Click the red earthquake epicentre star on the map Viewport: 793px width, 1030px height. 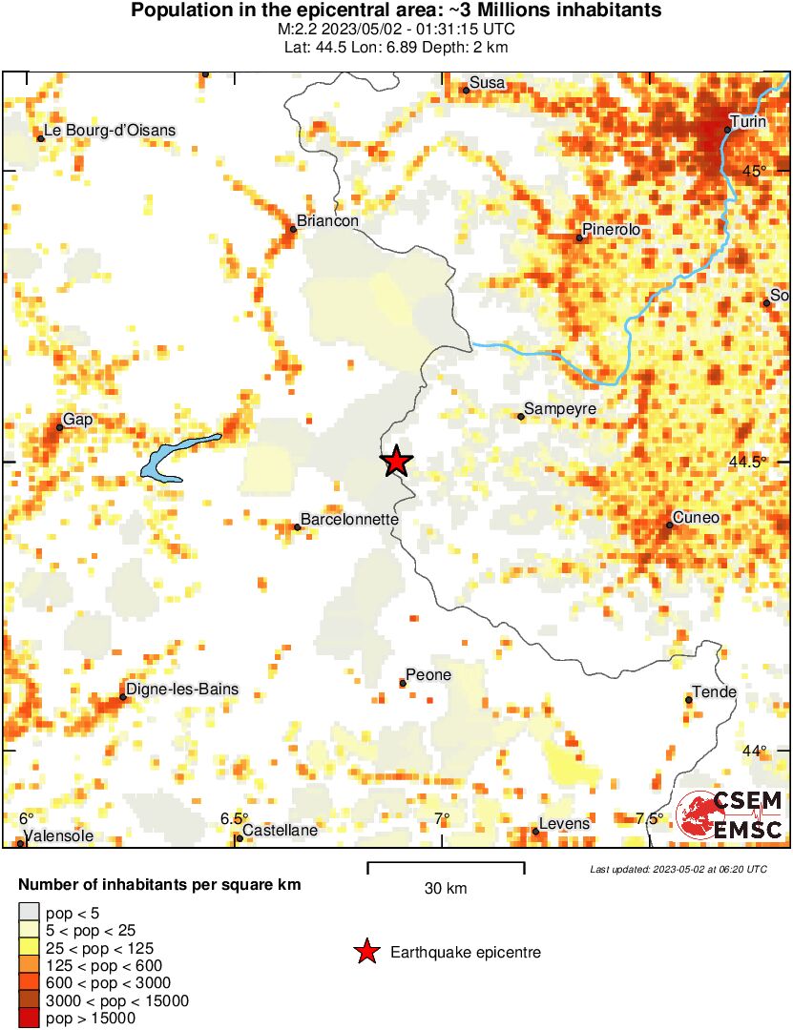click(396, 462)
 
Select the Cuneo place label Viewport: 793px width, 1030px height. click(696, 518)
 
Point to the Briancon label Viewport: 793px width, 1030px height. click(327, 221)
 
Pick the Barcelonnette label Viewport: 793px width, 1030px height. click(350, 520)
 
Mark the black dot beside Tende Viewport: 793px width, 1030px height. click(688, 700)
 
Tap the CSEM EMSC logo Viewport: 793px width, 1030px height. click(731, 814)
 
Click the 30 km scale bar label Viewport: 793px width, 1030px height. click(446, 889)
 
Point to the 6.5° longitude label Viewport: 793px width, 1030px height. click(234, 818)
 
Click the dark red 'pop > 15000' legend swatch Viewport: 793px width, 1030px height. click(29, 1019)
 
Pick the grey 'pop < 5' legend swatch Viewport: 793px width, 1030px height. click(29, 914)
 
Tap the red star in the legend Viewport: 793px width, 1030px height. click(365, 952)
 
